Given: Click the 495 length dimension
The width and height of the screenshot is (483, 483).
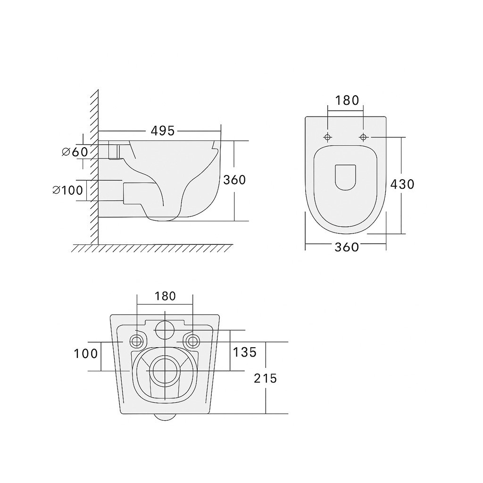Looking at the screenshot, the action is (x=162, y=131).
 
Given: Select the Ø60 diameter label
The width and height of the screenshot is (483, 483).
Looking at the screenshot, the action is (x=75, y=151).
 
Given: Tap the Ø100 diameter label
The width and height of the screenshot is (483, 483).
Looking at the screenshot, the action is (x=68, y=190).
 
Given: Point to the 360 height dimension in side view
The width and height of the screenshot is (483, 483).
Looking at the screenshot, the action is (x=234, y=180).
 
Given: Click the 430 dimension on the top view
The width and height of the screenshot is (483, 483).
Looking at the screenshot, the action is (x=402, y=184).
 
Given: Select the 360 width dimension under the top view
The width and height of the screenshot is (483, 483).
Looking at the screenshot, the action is (x=347, y=247).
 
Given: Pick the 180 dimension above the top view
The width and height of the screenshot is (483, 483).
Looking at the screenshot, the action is (x=347, y=100).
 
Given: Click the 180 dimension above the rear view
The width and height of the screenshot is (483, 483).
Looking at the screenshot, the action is (x=165, y=296).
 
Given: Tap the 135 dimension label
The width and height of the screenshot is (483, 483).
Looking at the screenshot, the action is (x=245, y=352).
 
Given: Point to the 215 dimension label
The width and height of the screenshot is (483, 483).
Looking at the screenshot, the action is (x=265, y=378).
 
